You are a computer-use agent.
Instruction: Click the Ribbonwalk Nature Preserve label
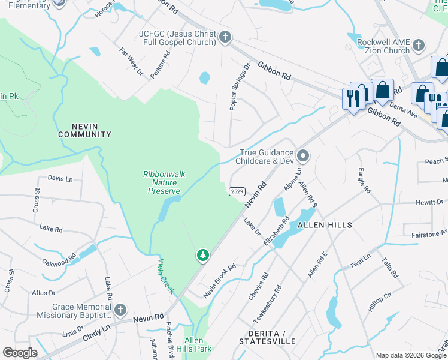pos(164,182)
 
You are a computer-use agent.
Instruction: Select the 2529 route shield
pos(237,191)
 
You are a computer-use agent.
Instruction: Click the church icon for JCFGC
pos(225,37)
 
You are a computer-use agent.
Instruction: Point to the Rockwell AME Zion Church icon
pos(418,46)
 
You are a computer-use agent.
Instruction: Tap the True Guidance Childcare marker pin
pos(303,157)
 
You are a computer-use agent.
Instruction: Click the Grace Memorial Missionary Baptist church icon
pos(120,310)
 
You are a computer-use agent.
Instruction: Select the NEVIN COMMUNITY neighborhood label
pos(84,130)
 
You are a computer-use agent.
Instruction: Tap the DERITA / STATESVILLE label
pos(267,337)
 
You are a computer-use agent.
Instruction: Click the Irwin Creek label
pos(166,276)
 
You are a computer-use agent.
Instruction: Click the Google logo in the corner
pos(20,353)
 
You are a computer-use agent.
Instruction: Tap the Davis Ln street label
pos(60,179)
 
